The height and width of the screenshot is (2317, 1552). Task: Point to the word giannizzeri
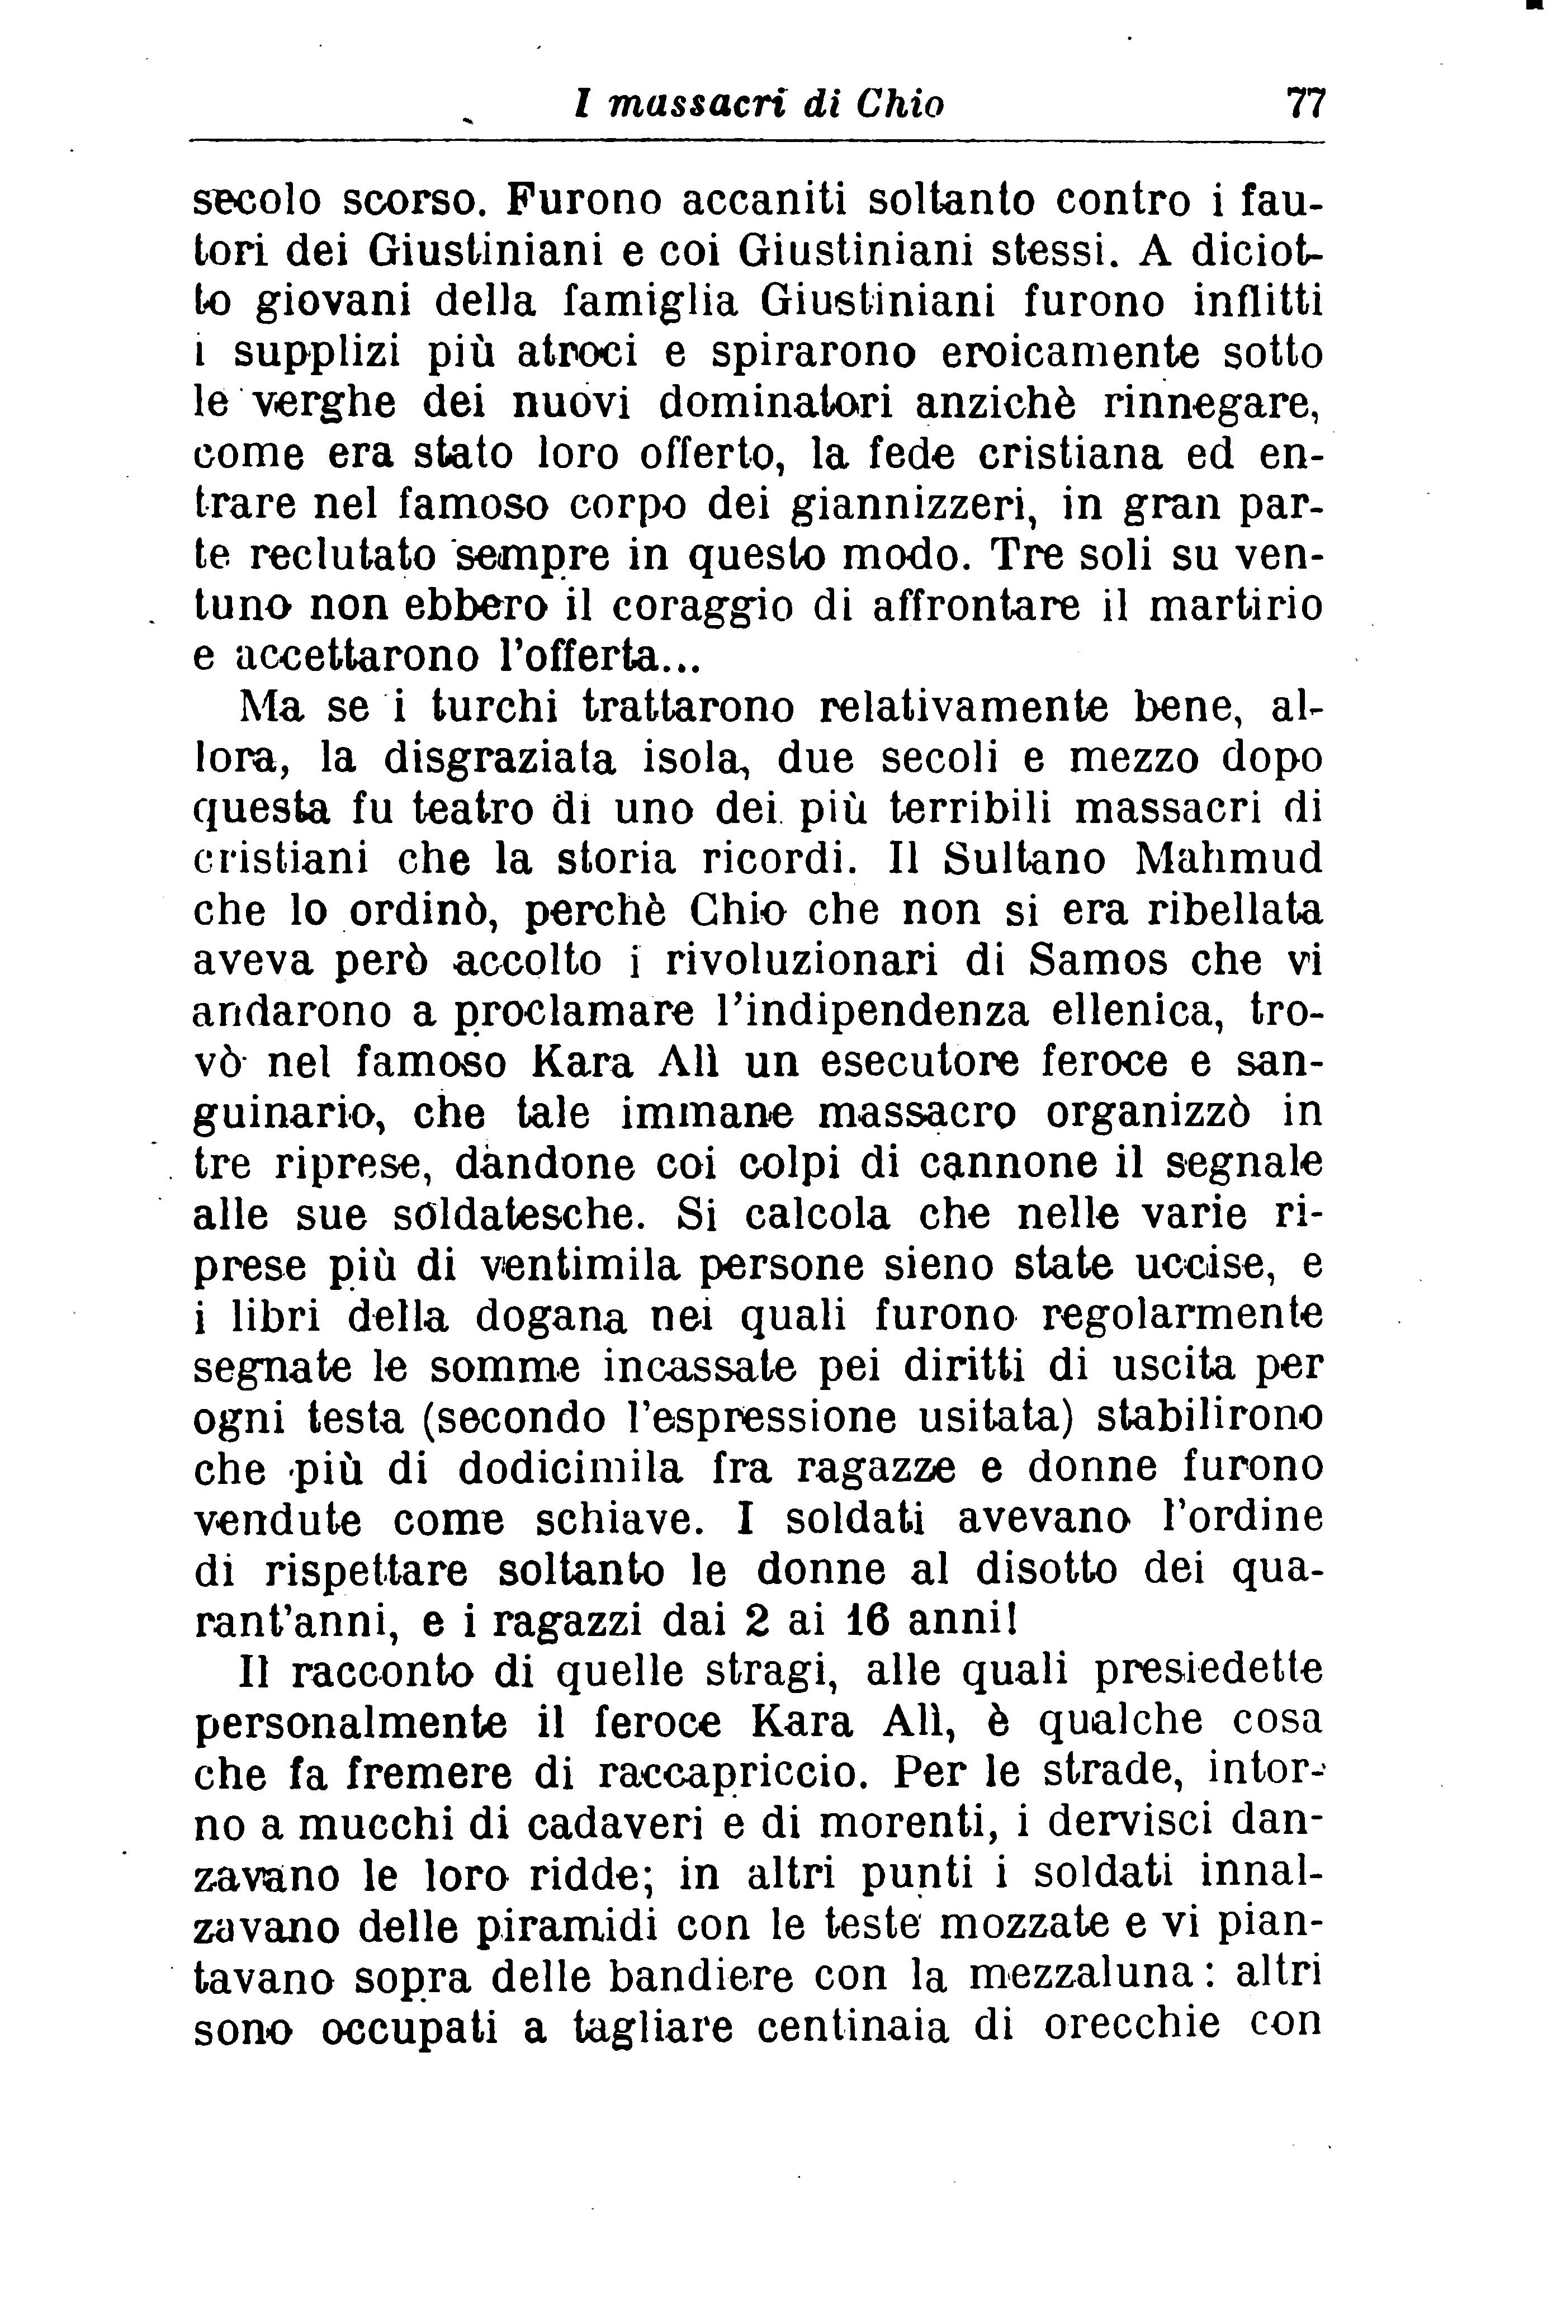[x=915, y=506]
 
